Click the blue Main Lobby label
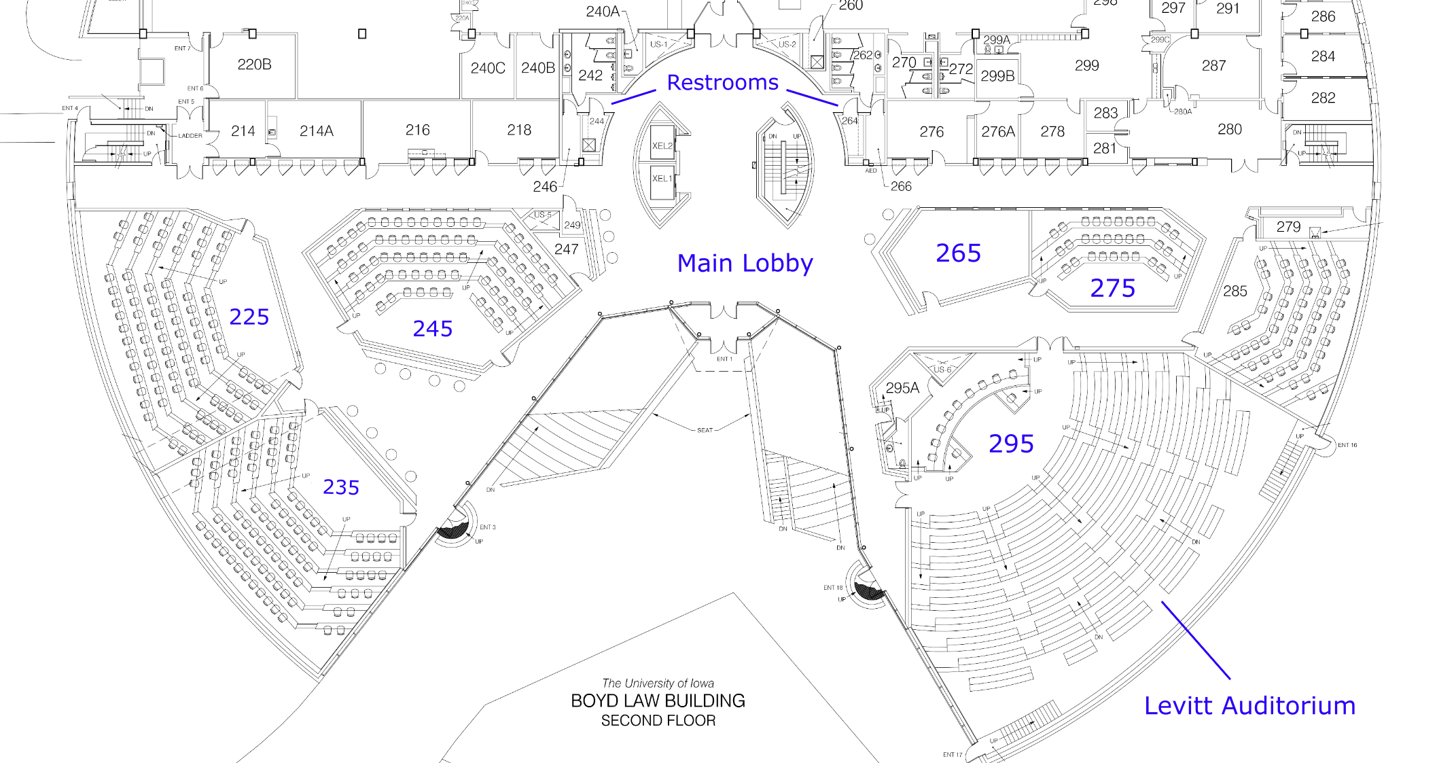745,263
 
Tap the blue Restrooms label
722,82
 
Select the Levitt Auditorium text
1249,705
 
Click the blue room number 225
249,317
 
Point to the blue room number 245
432,329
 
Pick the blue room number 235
340,487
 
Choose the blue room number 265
958,253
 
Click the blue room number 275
1112,288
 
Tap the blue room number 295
1011,444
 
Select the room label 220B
254,65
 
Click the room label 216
417,130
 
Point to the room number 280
1229,129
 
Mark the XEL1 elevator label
662,179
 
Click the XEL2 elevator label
662,146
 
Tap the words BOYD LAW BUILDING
658,700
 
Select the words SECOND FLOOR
658,720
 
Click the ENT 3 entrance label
487,527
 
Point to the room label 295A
902,388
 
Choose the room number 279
1288,226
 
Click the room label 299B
997,76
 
